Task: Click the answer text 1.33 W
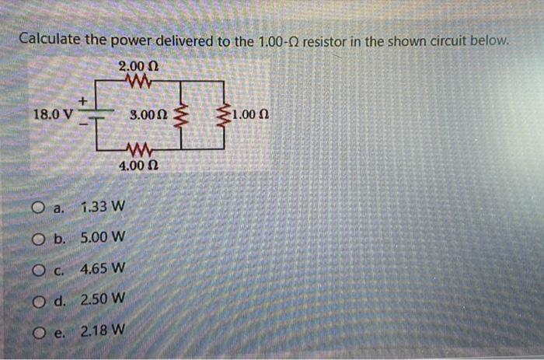click(101, 208)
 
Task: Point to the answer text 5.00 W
click(103, 238)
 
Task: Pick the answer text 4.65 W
click(103, 269)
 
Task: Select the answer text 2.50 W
click(103, 299)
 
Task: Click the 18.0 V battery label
click(53, 114)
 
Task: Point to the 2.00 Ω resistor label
click(138, 65)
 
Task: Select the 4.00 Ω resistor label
click(139, 166)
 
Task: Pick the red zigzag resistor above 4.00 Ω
click(140, 150)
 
